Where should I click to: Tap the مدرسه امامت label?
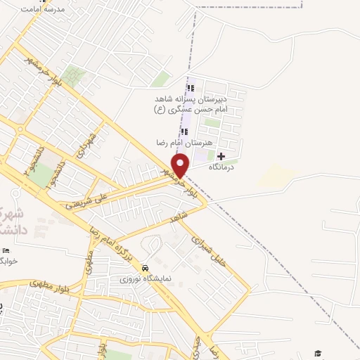(x=43, y=9)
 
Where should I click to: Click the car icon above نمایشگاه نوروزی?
(x=144, y=269)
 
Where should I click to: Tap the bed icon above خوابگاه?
(x=6, y=250)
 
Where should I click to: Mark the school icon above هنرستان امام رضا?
(x=184, y=131)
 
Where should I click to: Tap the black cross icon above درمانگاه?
(x=221, y=155)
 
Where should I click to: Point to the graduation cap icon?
(x=318, y=352)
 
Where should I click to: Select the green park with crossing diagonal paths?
(x=72, y=76)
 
